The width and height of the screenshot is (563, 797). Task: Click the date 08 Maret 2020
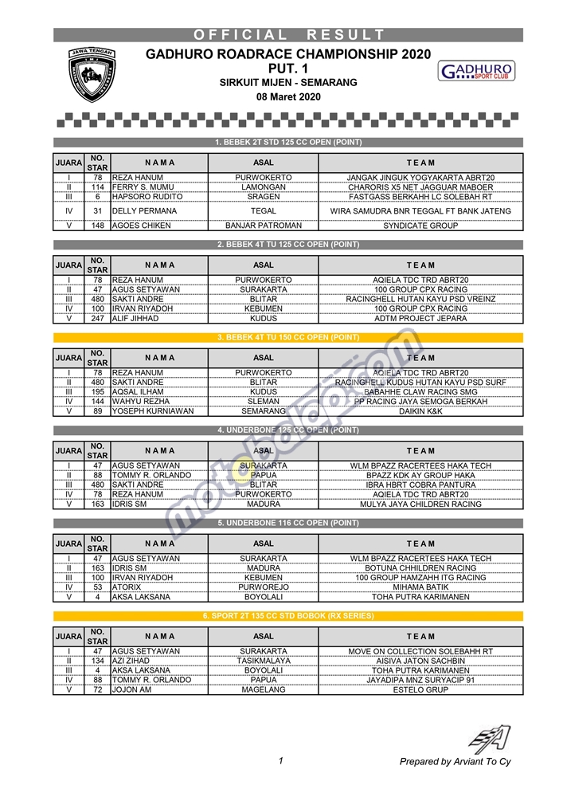tap(288, 97)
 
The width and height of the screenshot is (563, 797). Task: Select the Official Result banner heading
tap(288, 35)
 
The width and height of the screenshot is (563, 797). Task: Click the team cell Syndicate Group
tap(420, 226)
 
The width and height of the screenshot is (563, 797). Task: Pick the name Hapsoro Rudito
tap(147, 197)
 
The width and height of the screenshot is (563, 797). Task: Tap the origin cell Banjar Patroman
tap(264, 226)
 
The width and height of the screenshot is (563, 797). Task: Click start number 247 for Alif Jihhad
tap(97, 319)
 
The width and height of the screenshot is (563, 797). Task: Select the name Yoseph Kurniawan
tap(153, 411)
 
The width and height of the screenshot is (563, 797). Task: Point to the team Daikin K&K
tap(420, 411)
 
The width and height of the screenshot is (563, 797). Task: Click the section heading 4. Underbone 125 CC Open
tap(288, 430)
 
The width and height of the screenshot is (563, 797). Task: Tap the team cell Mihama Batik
tap(420, 587)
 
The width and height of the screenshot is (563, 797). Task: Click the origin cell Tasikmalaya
tap(264, 661)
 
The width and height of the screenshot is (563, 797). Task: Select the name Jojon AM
tap(133, 690)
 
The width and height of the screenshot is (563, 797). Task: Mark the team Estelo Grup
tap(420, 690)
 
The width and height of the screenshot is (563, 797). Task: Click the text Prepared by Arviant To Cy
tap(455, 762)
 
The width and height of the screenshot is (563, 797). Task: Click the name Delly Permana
tap(144, 211)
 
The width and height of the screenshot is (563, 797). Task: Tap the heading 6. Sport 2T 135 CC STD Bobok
tap(288, 616)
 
